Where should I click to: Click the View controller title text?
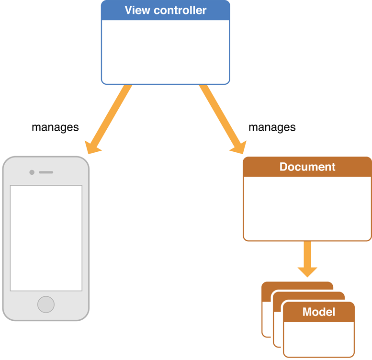point(165,10)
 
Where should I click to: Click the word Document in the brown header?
point(307,167)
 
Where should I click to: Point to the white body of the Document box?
point(307,208)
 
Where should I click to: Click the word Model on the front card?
point(319,312)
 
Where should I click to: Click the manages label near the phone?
point(55,127)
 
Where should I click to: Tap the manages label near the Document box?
point(272,127)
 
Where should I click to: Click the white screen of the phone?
point(46,238)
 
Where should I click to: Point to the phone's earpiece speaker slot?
point(46,172)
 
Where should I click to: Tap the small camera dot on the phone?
point(32,172)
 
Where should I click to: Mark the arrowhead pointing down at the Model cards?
point(307,270)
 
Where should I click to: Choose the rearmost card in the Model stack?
point(297,286)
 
